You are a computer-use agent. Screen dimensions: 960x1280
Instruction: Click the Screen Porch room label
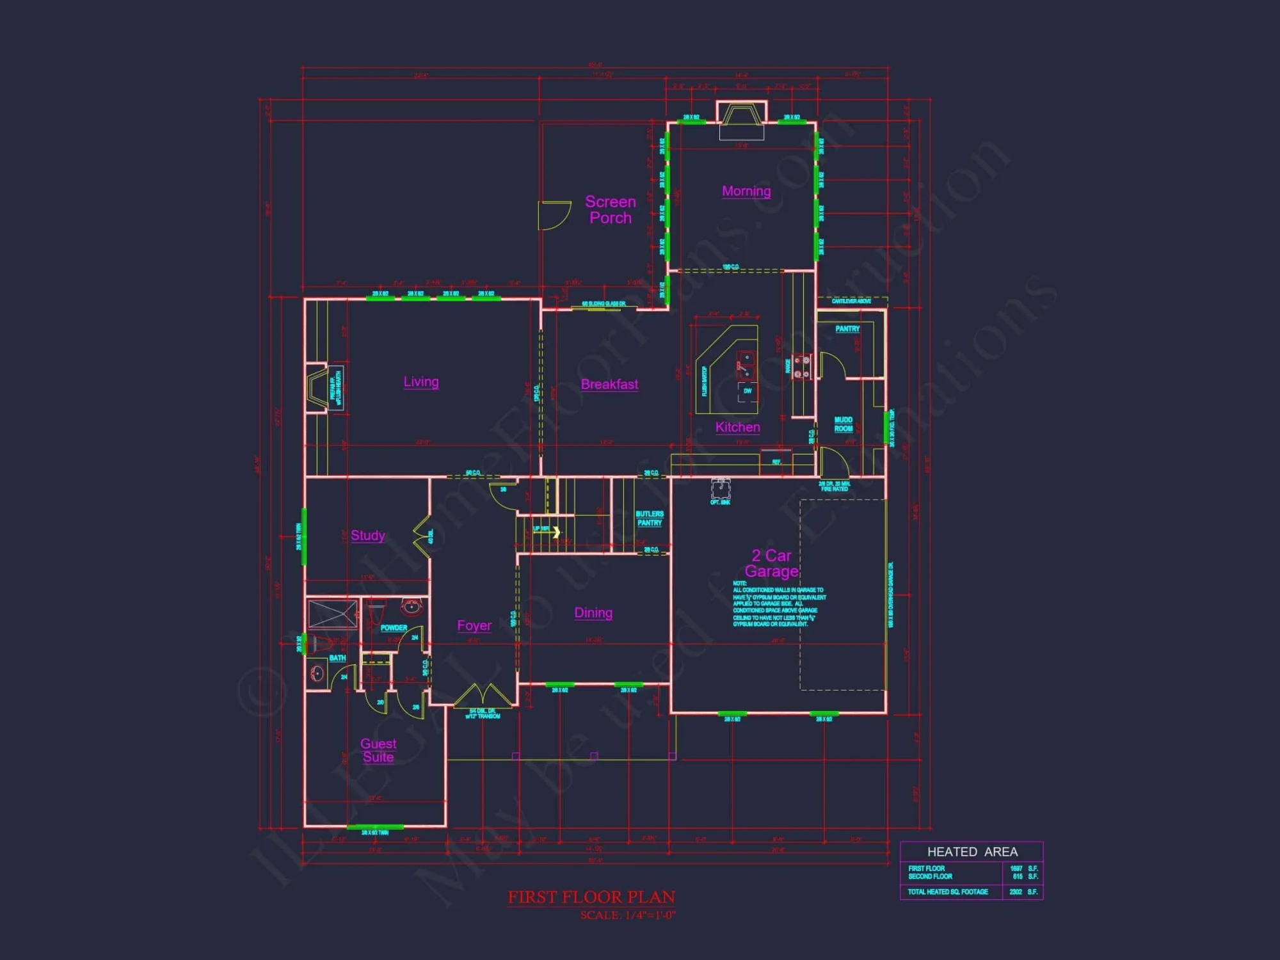coord(610,210)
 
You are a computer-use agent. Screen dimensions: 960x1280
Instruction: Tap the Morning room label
coord(746,191)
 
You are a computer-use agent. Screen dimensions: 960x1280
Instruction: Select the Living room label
coord(421,382)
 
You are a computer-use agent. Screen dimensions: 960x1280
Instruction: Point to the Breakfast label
coord(609,384)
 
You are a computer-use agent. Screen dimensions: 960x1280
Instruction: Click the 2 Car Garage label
coord(772,563)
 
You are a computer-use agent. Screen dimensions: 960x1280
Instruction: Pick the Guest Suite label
coord(378,750)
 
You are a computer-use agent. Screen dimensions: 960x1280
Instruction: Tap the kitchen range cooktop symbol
coord(801,367)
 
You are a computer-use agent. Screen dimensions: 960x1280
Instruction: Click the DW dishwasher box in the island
coord(747,391)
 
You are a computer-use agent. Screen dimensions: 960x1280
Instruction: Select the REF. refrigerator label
coord(776,461)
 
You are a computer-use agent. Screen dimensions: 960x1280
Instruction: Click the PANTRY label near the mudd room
coord(847,329)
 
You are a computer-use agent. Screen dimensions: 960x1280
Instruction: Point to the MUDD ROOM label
coord(844,424)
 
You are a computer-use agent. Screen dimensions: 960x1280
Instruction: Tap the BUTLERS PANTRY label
coord(650,518)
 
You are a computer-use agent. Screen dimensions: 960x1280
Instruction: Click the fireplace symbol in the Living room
coord(318,387)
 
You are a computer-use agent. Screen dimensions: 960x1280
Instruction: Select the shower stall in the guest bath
coord(333,614)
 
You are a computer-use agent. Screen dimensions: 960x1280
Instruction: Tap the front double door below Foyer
coord(483,697)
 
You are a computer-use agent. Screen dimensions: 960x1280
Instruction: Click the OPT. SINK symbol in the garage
coord(721,490)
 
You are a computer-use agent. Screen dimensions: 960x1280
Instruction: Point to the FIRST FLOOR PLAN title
coord(591,897)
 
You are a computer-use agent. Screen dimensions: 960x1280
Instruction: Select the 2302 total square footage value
coord(1016,892)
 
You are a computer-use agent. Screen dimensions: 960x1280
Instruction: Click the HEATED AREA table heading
coord(972,852)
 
